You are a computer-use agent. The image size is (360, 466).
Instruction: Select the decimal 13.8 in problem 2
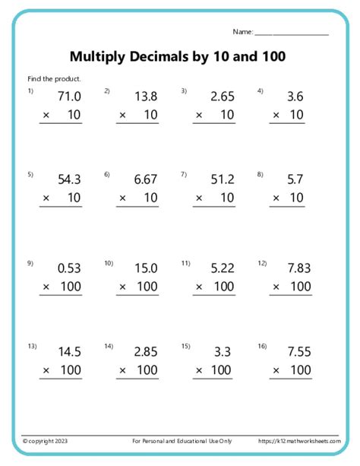pos(146,97)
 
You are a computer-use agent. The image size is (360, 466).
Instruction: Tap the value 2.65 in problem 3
pos(223,97)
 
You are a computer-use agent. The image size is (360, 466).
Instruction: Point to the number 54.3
pos(69,179)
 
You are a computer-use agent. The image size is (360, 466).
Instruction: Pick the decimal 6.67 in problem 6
pos(146,179)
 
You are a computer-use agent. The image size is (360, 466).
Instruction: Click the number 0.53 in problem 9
pos(69,268)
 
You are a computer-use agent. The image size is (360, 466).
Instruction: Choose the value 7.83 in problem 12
pos(298,268)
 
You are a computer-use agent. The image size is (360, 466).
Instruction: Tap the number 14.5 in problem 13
pos(69,352)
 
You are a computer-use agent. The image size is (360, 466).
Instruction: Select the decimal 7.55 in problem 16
pos(298,352)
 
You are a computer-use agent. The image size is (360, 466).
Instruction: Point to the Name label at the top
pos(242,32)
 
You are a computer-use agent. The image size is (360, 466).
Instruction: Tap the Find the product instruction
pos(54,78)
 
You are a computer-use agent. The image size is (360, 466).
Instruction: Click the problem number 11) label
pos(185,263)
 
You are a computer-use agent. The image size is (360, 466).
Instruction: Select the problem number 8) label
pos(260,174)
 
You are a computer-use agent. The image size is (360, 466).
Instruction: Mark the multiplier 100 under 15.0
pos(147,287)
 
